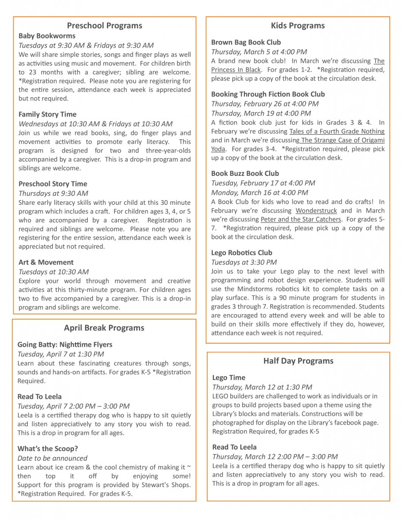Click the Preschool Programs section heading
coord(104,25)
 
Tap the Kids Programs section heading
coord(298,25)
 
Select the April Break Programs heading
coord(104,327)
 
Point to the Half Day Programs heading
coord(298,361)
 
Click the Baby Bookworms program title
coord(47,36)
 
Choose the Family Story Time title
coord(47,114)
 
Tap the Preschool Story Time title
coord(53,183)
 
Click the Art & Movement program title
coord(46,262)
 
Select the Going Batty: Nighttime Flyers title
coord(65,345)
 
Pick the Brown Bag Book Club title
coord(246,42)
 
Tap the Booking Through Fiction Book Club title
coord(268,94)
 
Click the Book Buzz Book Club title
coord(245,173)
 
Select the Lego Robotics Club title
coord(241,252)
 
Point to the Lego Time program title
coord(229,378)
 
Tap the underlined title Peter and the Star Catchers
coord(301,219)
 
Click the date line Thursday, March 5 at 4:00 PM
coord(259,52)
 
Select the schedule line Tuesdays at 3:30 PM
coord(244,262)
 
